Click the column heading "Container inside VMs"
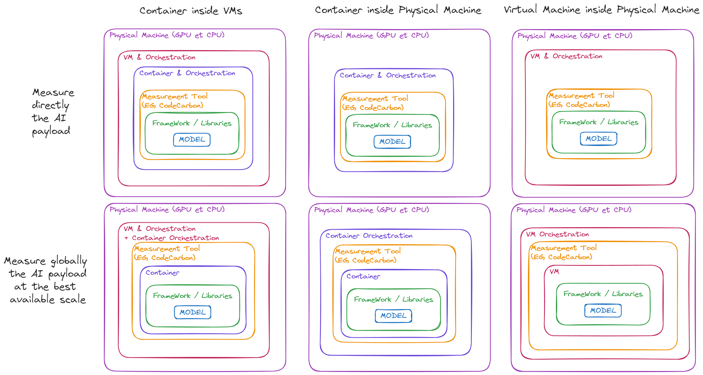pos(191,11)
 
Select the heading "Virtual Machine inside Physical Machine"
pos(601,10)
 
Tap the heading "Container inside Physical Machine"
pos(398,10)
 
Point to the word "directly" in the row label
pos(51,105)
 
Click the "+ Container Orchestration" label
pos(172,238)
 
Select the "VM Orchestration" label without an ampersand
pos(557,234)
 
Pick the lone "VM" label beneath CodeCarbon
pos(554,272)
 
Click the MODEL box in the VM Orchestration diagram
pos(603,310)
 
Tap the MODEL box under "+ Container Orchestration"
pos(192,312)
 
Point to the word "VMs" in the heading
pos(233,11)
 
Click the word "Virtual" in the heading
pos(520,10)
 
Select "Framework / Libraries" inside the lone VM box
pos(603,294)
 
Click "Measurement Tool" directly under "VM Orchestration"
pos(564,248)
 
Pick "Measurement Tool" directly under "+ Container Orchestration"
pos(167,249)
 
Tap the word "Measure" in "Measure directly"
pos(53,92)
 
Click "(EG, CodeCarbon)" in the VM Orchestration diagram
pos(561,257)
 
